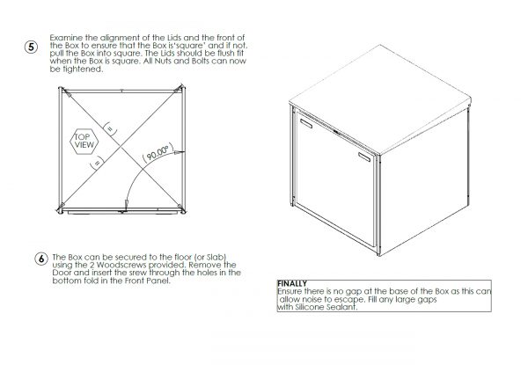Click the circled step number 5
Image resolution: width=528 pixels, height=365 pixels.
(31, 47)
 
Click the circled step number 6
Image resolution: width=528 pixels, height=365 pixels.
(41, 259)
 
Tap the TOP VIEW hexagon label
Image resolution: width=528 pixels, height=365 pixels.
(84, 142)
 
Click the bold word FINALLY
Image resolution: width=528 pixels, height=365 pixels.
(292, 283)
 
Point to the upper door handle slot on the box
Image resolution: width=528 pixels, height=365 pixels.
(305, 123)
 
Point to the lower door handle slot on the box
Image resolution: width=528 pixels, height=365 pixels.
(364, 157)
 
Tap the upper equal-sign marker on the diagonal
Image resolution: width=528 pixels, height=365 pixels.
(110, 128)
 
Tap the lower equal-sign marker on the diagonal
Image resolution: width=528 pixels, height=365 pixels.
(97, 162)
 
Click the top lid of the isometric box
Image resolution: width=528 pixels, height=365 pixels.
(380, 99)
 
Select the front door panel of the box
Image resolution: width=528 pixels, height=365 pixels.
(335, 179)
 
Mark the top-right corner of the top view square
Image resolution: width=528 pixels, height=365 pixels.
(183, 87)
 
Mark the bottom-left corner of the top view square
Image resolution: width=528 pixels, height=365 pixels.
(61, 211)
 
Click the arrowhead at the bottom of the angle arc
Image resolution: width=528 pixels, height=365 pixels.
(126, 204)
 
